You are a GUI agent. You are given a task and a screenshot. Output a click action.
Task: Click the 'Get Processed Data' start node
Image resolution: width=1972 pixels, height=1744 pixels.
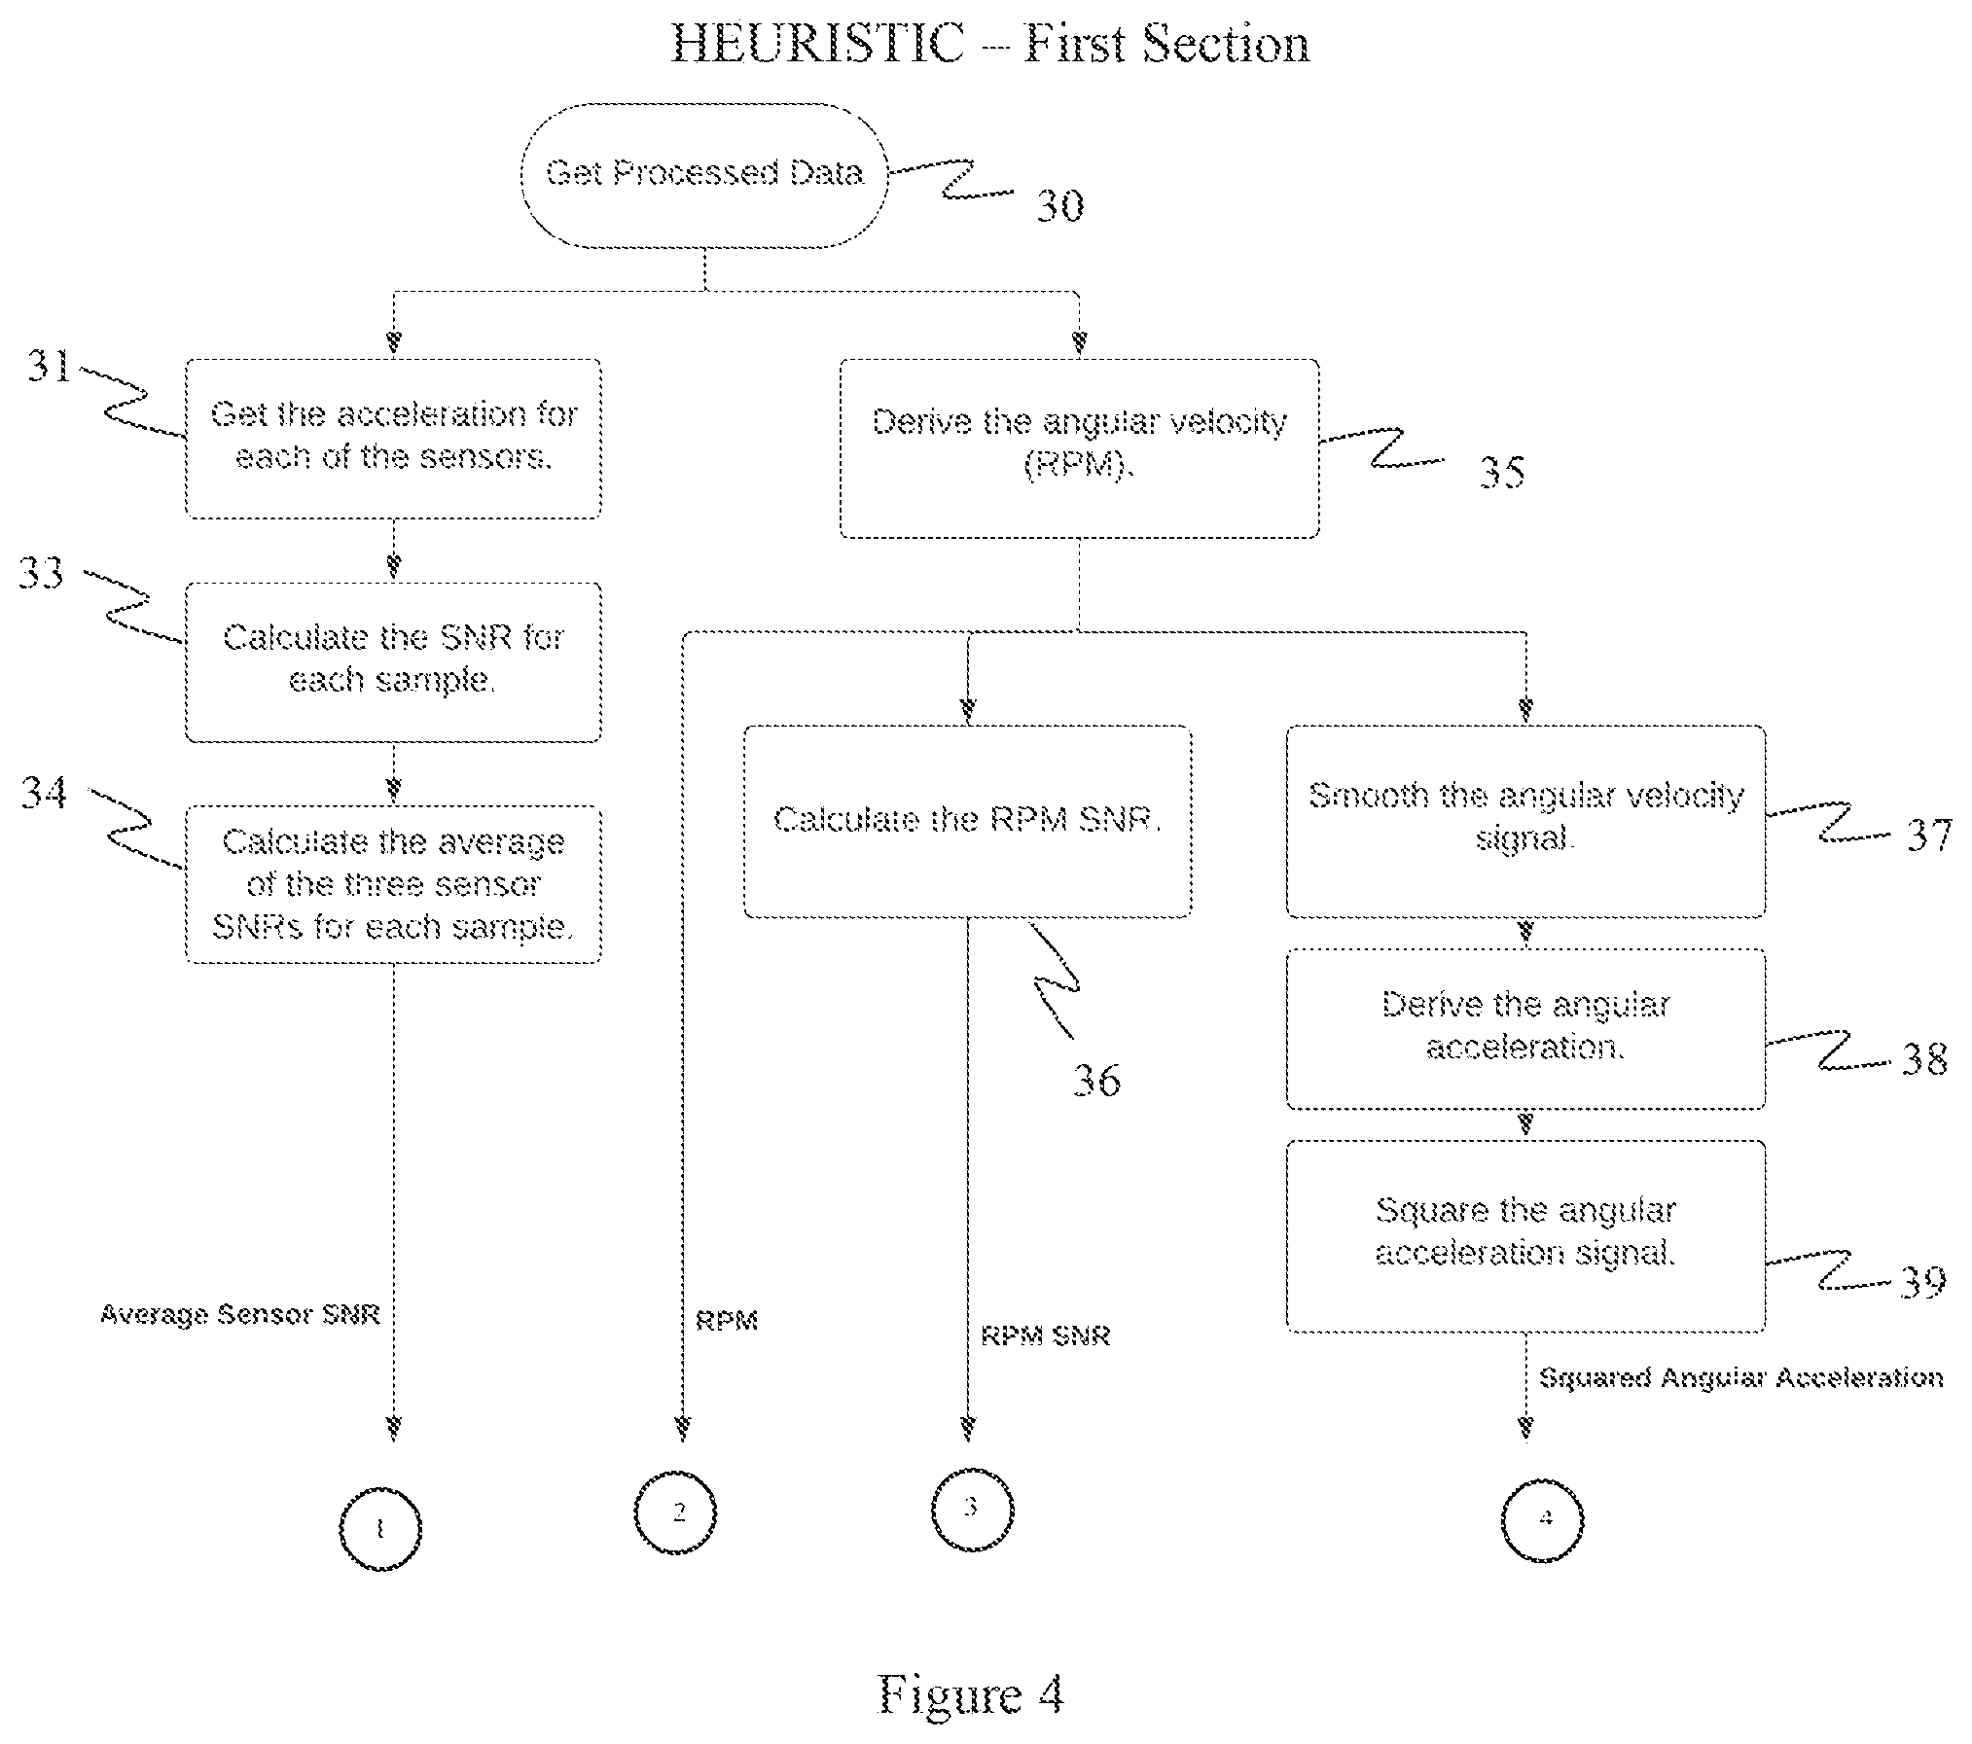[704, 175]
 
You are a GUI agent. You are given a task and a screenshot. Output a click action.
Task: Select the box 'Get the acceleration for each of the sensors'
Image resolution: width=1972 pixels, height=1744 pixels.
[393, 439]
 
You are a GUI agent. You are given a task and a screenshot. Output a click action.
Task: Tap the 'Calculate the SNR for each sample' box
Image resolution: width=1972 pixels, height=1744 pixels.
[393, 662]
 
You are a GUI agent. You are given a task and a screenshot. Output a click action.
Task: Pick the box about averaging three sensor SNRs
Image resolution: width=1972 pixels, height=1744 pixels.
[393, 884]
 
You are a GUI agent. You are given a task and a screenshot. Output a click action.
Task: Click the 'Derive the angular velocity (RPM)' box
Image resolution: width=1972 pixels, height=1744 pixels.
[1079, 448]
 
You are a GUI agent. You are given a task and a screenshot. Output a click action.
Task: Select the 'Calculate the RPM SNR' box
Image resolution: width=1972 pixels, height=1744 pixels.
[967, 821]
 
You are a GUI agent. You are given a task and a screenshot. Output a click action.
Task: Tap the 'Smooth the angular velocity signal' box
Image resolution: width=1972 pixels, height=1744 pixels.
[1525, 821]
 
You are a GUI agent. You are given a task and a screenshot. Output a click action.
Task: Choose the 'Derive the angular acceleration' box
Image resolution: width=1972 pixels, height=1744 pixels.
[1525, 1029]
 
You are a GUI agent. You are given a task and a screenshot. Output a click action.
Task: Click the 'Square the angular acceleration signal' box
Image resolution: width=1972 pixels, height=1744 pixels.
[1525, 1235]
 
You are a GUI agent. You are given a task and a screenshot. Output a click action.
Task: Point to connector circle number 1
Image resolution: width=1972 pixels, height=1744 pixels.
[379, 1528]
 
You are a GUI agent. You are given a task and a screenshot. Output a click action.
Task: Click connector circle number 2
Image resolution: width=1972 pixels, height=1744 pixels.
[675, 1513]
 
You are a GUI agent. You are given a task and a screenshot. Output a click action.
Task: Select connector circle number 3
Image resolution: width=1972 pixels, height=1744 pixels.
[972, 1510]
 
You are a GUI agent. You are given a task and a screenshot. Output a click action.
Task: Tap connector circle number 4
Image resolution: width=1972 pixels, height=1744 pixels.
[1543, 1519]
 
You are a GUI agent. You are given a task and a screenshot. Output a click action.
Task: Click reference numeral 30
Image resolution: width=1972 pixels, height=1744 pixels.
[1059, 205]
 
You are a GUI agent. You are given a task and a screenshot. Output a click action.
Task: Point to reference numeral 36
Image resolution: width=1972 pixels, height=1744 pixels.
[1096, 1080]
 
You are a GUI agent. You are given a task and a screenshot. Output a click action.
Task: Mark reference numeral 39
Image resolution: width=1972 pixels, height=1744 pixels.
[1922, 1281]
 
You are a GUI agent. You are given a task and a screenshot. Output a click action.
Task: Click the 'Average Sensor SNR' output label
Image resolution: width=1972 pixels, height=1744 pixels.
[240, 1315]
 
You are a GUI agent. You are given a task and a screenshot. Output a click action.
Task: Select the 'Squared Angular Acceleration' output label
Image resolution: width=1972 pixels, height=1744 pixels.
[1741, 1378]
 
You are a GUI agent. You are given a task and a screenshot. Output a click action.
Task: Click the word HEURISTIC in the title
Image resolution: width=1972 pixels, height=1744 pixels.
[817, 44]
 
